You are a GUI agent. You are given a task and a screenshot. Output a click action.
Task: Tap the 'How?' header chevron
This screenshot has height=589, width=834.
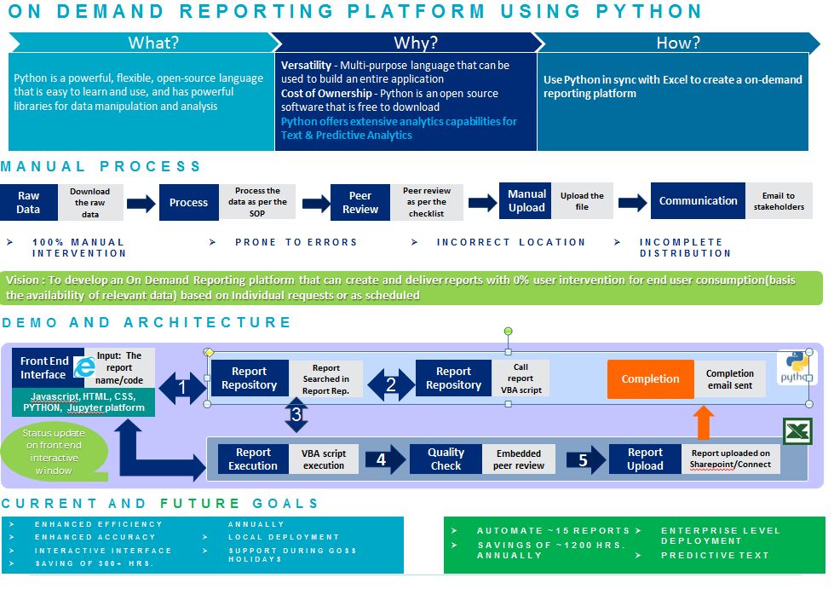677,43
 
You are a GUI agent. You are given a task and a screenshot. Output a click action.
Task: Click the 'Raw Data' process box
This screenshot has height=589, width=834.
28,202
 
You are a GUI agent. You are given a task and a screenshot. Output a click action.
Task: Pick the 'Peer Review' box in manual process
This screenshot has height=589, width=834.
360,203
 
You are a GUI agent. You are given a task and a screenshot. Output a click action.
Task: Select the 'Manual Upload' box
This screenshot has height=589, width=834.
526,201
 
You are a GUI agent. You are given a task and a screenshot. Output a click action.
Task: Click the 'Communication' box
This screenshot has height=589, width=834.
698,201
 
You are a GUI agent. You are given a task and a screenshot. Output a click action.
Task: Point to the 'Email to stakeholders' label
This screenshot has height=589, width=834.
778,201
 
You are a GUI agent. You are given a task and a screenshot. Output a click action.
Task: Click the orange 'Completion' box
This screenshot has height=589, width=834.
650,379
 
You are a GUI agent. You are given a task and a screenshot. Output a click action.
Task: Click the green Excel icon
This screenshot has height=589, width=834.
797,432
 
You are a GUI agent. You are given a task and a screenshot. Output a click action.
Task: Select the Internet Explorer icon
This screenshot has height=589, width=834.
84,367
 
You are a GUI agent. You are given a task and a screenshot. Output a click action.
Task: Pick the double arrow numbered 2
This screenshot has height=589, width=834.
390,384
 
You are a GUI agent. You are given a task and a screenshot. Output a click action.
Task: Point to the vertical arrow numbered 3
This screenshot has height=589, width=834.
296,416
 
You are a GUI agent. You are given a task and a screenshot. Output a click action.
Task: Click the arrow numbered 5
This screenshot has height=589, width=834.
584,459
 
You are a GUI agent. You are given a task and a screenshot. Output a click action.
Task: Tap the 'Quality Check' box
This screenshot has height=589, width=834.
446,459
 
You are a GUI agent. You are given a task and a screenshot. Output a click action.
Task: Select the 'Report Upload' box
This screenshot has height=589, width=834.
645,459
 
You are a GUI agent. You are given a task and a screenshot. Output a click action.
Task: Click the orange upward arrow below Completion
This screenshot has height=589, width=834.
703,423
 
